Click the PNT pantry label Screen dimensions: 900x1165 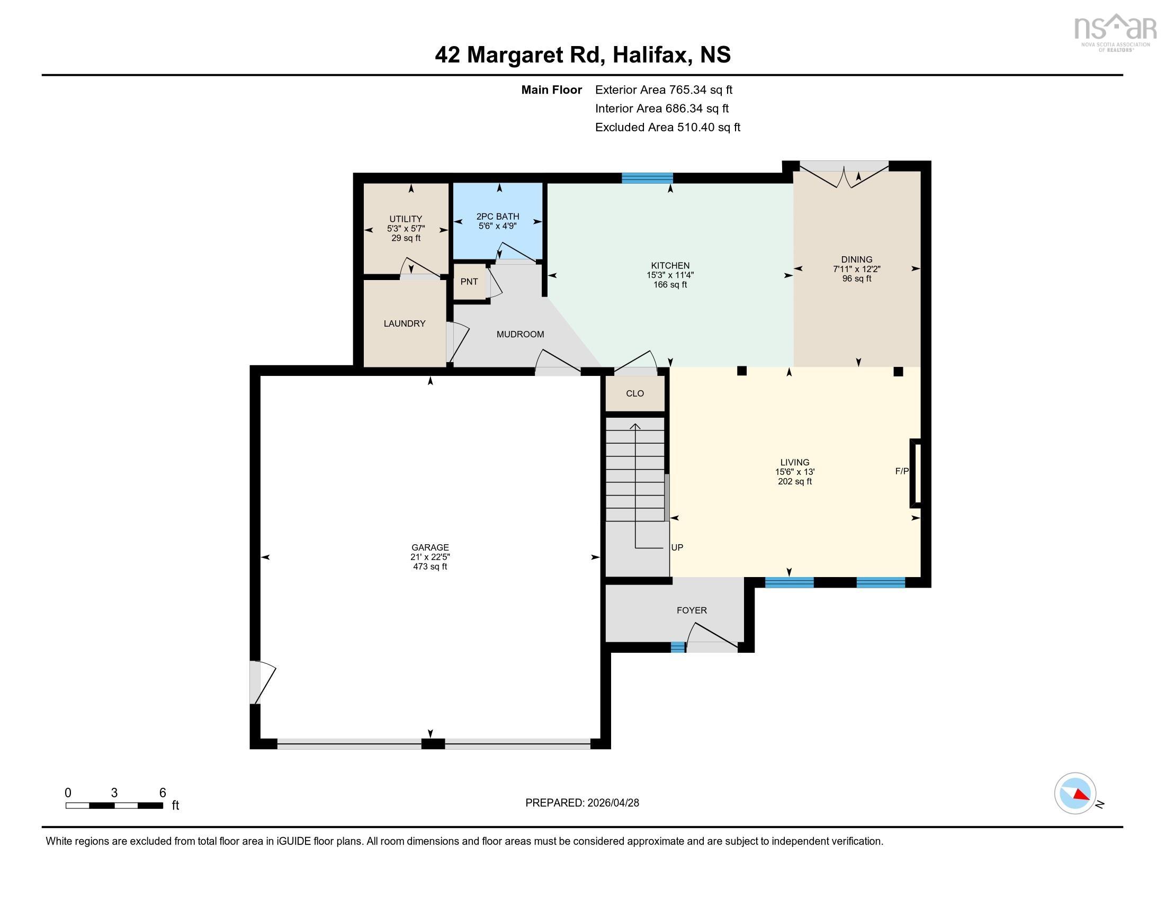pyautogui.click(x=469, y=282)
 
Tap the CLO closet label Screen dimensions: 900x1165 pyautogui.click(x=635, y=393)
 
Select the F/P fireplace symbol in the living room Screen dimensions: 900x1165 pyautogui.click(x=916, y=472)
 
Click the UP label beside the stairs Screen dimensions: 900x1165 pyautogui.click(x=677, y=547)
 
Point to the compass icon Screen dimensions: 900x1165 pyautogui.click(x=1075, y=793)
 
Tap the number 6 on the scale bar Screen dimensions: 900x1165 pyautogui.click(x=163, y=793)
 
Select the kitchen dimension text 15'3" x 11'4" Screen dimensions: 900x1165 pyautogui.click(x=670, y=275)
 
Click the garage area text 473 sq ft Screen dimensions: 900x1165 pyautogui.click(x=430, y=567)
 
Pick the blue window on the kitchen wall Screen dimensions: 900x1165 pyautogui.click(x=647, y=178)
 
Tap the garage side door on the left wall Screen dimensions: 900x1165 pyautogui.click(x=262, y=682)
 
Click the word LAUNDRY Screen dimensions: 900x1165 pyautogui.click(x=405, y=323)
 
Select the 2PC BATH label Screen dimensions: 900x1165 pyautogui.click(x=497, y=217)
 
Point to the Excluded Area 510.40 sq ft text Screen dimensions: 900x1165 pyautogui.click(x=667, y=128)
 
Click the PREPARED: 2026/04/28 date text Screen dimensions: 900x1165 pyautogui.click(x=582, y=803)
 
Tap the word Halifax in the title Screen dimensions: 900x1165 pyautogui.click(x=649, y=55)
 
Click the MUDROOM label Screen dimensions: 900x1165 pyautogui.click(x=520, y=334)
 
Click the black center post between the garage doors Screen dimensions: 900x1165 pyautogui.click(x=433, y=744)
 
